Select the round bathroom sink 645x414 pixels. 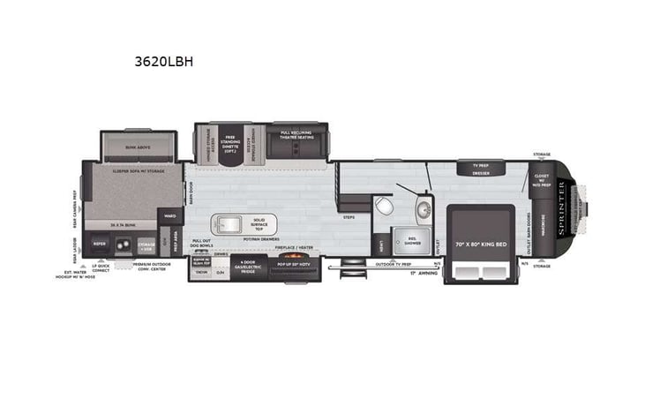[x=422, y=209]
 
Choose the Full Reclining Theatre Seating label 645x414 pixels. [x=297, y=136]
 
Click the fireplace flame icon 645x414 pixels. [x=291, y=267]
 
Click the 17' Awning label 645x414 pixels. [x=424, y=272]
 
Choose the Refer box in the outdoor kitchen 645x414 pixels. [x=100, y=245]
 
